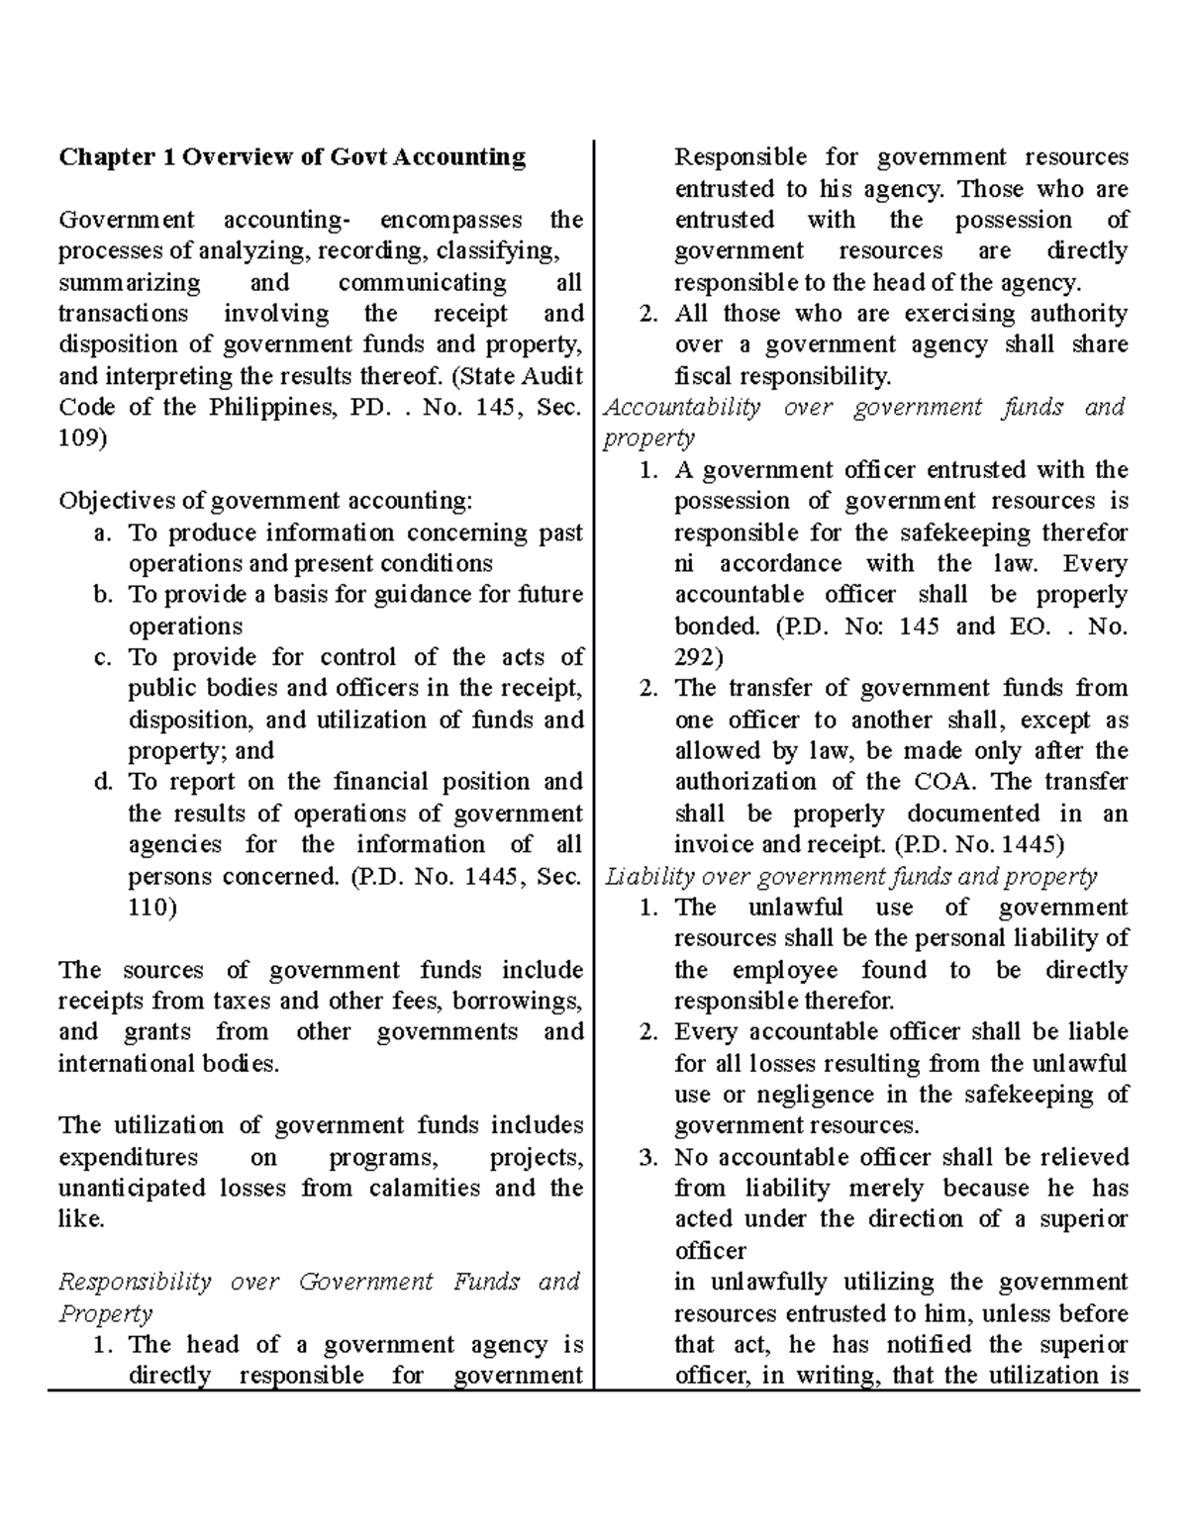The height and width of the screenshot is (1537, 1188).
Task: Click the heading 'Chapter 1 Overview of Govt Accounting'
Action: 292,157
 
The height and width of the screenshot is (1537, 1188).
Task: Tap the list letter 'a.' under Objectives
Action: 102,532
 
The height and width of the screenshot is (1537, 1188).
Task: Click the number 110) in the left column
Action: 152,908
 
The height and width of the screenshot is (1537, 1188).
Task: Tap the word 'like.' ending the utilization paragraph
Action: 81,1219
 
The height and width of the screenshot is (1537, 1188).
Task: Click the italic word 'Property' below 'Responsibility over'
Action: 105,1313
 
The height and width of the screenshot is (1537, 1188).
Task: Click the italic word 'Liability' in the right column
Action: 643,876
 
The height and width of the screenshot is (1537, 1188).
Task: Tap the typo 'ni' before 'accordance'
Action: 684,564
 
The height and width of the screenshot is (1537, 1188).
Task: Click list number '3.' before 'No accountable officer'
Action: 648,1157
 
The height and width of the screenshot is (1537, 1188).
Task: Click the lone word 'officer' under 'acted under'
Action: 710,1250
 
